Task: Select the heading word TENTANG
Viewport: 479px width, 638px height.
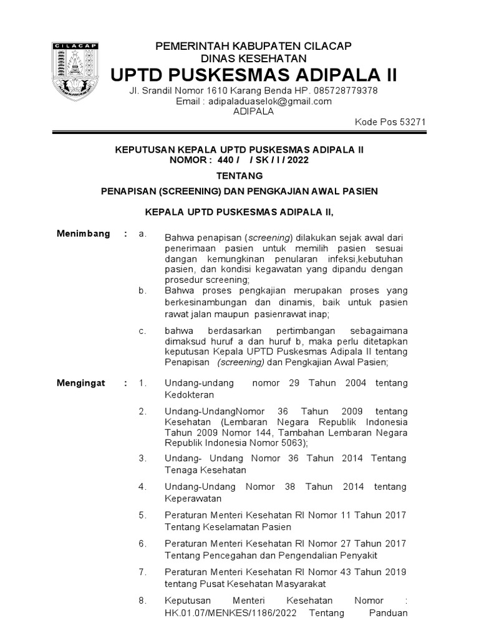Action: (239, 176)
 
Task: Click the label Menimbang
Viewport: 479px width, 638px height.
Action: (84, 234)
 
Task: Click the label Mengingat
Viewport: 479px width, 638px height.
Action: (81, 383)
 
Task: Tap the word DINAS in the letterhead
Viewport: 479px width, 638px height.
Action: (210, 59)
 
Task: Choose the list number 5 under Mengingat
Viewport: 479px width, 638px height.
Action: (143, 515)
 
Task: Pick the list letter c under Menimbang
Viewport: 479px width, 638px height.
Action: (143, 331)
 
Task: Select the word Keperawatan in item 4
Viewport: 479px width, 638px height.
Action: (192, 499)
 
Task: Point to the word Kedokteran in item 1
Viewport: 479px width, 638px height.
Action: (190, 395)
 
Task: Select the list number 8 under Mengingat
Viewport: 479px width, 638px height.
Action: (143, 601)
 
